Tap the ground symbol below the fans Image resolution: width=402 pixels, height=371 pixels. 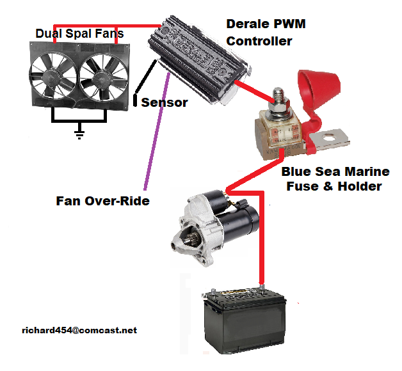click(79, 134)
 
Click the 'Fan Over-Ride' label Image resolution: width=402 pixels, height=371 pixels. click(102, 201)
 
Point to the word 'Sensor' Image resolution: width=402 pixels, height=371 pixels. click(165, 102)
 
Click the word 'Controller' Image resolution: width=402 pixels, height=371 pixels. click(259, 42)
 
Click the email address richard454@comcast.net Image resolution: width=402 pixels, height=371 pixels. click(79, 330)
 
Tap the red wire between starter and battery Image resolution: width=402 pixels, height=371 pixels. click(261, 249)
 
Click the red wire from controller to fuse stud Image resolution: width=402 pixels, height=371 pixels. click(253, 90)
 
